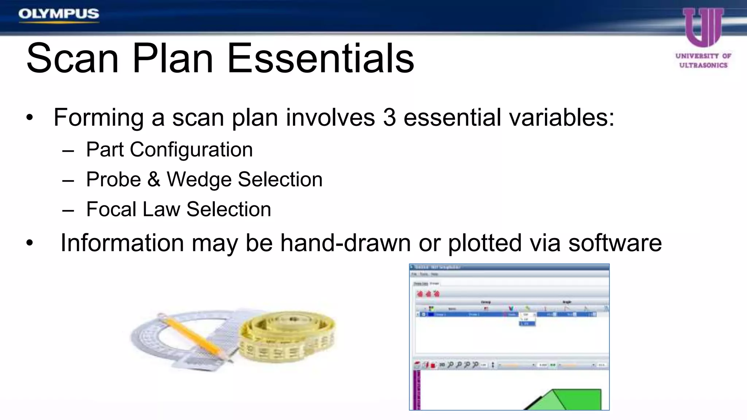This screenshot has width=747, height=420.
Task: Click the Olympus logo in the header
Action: pyautogui.click(x=59, y=14)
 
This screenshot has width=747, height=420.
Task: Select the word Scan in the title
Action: pyautogui.click(x=73, y=58)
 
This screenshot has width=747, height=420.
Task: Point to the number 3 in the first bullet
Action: pyautogui.click(x=389, y=117)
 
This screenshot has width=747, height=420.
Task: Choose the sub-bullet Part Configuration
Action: pyautogui.click(x=169, y=149)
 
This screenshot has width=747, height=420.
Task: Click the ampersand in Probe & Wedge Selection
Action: pyautogui.click(x=154, y=179)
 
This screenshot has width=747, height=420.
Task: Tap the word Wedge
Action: pyautogui.click(x=198, y=179)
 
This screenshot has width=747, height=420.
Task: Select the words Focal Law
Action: pyautogui.click(x=133, y=209)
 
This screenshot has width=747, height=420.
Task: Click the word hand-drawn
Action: pyautogui.click(x=345, y=243)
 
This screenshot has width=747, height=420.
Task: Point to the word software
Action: pyautogui.click(x=615, y=243)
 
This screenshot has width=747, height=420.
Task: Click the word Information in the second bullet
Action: pyautogui.click(x=122, y=243)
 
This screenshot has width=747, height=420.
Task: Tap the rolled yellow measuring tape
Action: pyautogui.click(x=288, y=337)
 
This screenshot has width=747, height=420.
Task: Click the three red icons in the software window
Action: pyautogui.click(x=428, y=293)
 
